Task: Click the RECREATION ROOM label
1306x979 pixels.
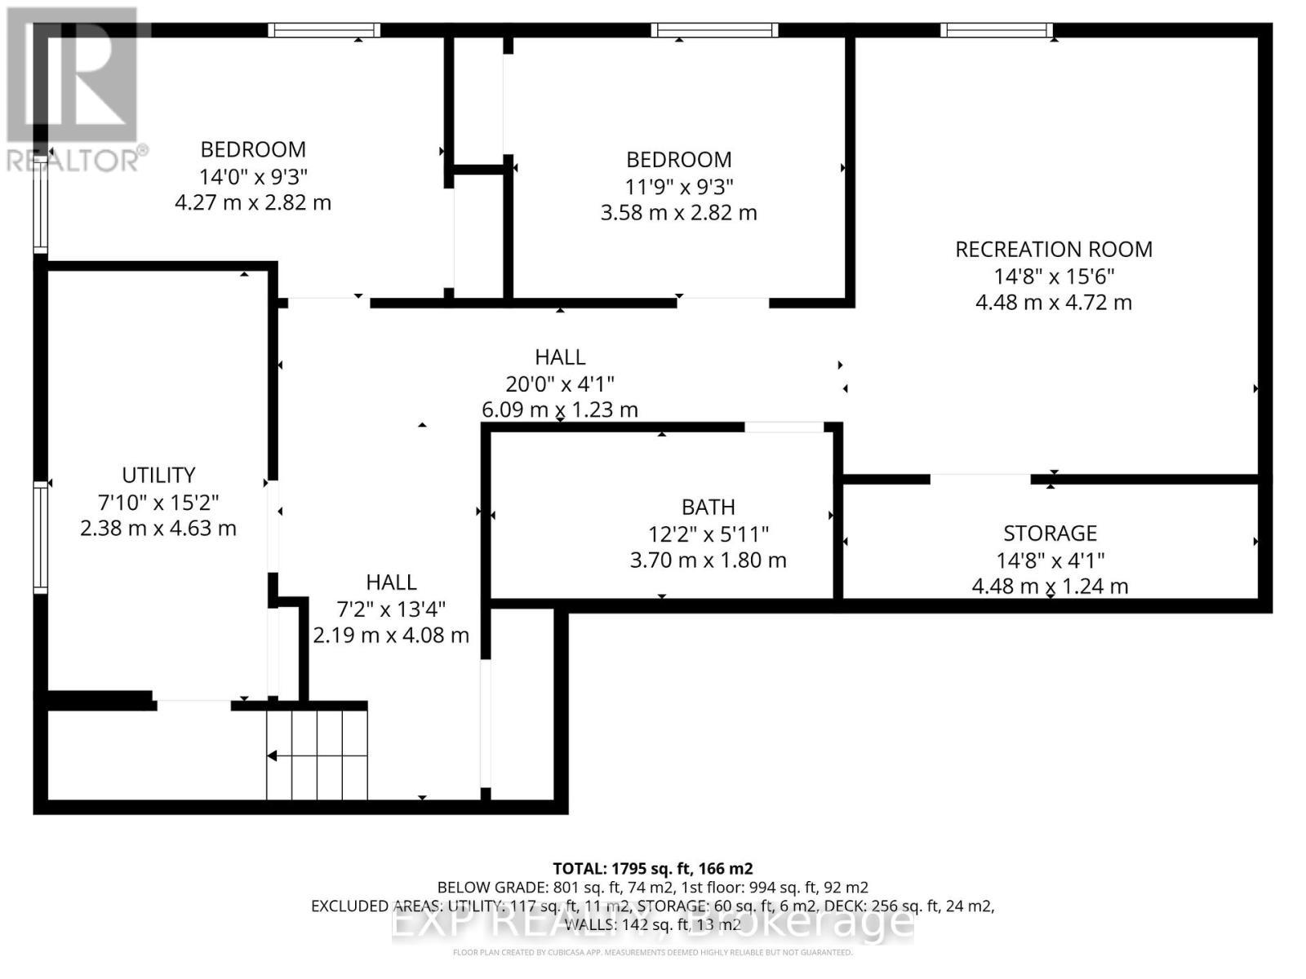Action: coord(1053,249)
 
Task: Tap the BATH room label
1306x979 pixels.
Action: coord(708,507)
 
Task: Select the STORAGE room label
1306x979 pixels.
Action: coord(1050,534)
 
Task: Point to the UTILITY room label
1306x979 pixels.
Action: coord(158,475)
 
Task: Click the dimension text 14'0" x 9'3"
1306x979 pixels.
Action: coord(253,176)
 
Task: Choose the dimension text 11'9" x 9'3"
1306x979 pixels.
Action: coord(678,186)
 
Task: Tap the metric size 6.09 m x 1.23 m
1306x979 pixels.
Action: coord(560,410)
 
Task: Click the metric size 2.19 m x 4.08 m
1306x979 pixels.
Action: coord(391,635)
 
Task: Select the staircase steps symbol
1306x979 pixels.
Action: coord(317,755)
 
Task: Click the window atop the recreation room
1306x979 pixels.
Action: coord(997,31)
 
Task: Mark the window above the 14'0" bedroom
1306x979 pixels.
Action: coord(325,31)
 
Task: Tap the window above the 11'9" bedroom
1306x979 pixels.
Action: coord(714,31)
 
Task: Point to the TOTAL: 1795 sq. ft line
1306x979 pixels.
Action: coord(652,868)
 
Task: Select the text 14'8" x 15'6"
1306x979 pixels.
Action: coord(1053,276)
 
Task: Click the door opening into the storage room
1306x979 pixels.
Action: coord(980,478)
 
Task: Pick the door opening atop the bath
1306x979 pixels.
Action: coord(784,427)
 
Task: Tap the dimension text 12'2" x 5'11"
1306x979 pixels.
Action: coord(708,534)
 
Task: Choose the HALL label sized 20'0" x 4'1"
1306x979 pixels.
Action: coord(560,357)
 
